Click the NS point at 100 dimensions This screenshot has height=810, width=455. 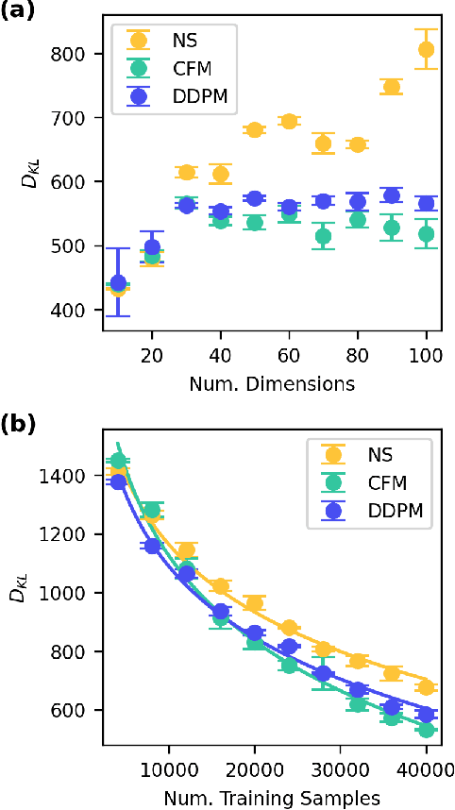(x=427, y=49)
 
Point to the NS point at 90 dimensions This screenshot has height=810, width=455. (x=391, y=87)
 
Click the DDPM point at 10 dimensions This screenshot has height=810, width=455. (x=118, y=282)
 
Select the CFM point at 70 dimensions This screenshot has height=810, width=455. (x=323, y=236)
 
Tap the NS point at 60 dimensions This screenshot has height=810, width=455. (x=289, y=121)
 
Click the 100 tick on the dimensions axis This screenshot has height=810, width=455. (x=427, y=360)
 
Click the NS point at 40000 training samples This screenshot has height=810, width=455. (x=427, y=686)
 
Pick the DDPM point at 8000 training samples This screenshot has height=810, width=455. (x=152, y=546)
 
